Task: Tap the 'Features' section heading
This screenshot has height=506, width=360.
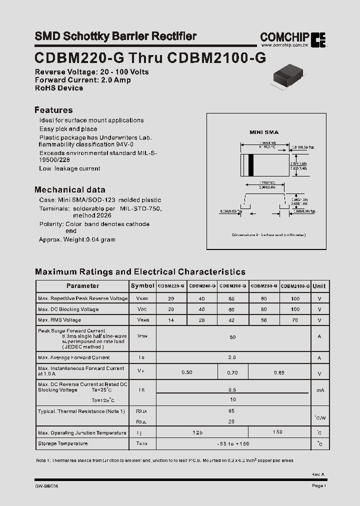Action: [53, 110]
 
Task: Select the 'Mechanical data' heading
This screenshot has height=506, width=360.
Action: [69, 189]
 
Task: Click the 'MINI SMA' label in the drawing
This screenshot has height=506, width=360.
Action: [264, 132]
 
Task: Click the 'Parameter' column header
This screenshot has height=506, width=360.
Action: [82, 286]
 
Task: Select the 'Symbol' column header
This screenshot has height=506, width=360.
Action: [142, 286]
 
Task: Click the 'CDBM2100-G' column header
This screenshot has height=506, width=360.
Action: [295, 286]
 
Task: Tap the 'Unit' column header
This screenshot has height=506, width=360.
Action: [319, 286]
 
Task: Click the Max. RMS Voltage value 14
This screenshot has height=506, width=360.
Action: [171, 320]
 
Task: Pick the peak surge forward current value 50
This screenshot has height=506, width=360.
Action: [232, 337]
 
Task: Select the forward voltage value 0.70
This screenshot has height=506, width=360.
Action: [232, 373]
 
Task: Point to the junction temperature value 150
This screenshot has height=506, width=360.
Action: [278, 432]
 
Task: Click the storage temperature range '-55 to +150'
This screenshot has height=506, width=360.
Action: [232, 444]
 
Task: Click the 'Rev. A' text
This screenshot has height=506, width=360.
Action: [318, 474]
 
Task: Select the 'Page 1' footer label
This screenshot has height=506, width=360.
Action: [318, 486]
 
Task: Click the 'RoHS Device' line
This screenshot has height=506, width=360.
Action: [59, 88]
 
